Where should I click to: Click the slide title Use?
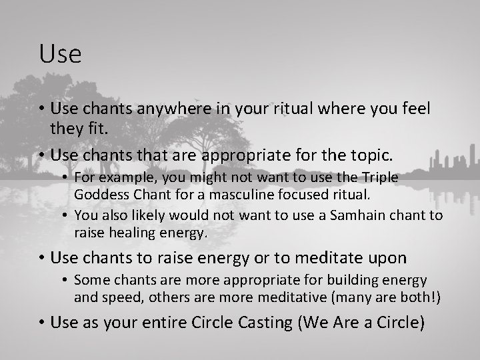point(60,54)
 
